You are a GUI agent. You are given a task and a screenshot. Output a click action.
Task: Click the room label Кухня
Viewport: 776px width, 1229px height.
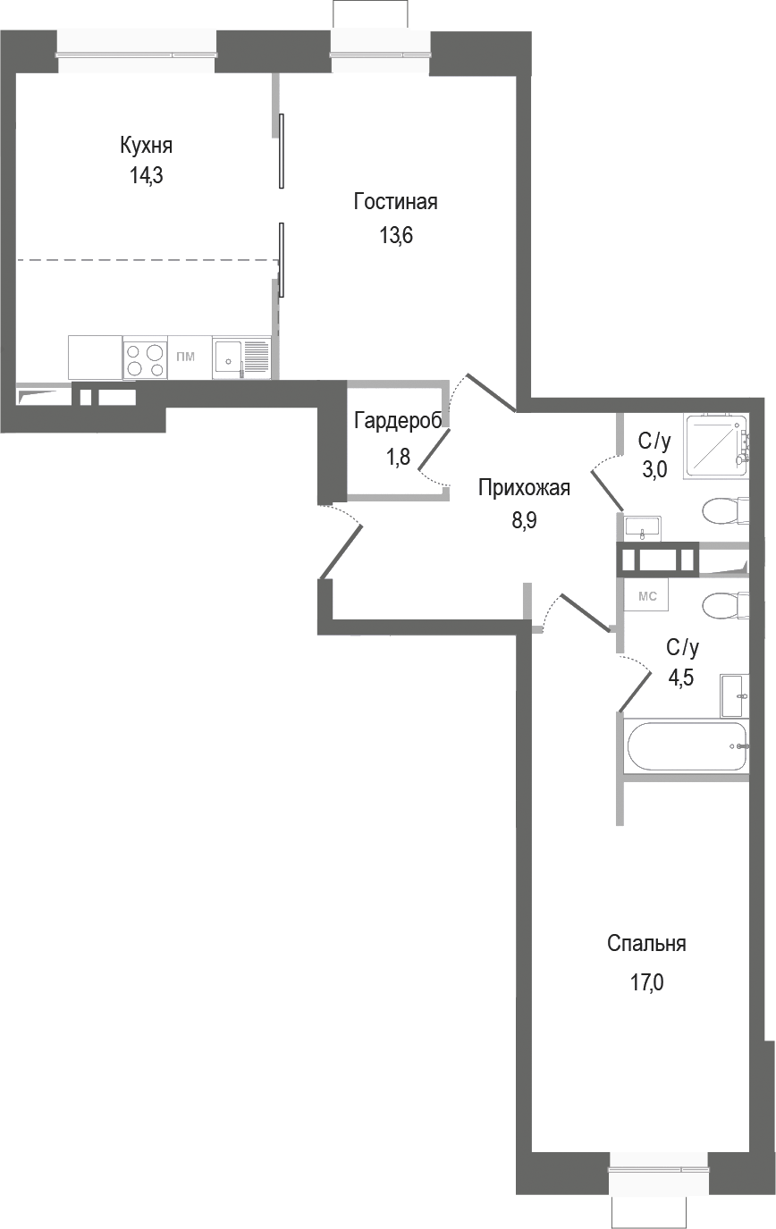coord(147,146)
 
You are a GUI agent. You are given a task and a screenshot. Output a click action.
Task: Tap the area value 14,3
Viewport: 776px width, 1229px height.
coord(147,175)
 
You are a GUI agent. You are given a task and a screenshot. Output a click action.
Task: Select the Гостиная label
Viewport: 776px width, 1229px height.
coord(395,202)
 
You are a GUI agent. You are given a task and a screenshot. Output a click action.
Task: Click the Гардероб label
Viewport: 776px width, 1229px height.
coord(397,422)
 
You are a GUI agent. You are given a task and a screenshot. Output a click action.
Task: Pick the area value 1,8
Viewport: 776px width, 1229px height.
coord(398,458)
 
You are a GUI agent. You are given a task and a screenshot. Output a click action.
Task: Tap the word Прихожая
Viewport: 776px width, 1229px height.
coord(523,488)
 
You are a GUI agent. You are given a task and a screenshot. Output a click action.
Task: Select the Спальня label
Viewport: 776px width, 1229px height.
coord(645,944)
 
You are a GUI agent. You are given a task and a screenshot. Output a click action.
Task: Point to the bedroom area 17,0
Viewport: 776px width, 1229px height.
coord(647,984)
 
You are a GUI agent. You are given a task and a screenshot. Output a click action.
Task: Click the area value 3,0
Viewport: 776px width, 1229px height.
coord(654,470)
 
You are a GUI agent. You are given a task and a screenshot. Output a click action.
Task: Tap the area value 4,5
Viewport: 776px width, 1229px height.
coord(683,677)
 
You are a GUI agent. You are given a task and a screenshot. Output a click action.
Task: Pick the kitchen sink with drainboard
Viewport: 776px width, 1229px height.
coord(241,358)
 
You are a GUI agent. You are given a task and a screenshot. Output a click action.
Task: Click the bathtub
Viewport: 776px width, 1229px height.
coord(685,747)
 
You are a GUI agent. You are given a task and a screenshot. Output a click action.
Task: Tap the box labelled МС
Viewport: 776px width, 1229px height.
coord(646,595)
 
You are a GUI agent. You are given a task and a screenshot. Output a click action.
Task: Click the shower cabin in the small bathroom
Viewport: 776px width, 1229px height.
coord(716,446)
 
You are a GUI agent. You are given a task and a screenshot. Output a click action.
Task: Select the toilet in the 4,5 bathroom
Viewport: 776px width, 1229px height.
coord(727,605)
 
